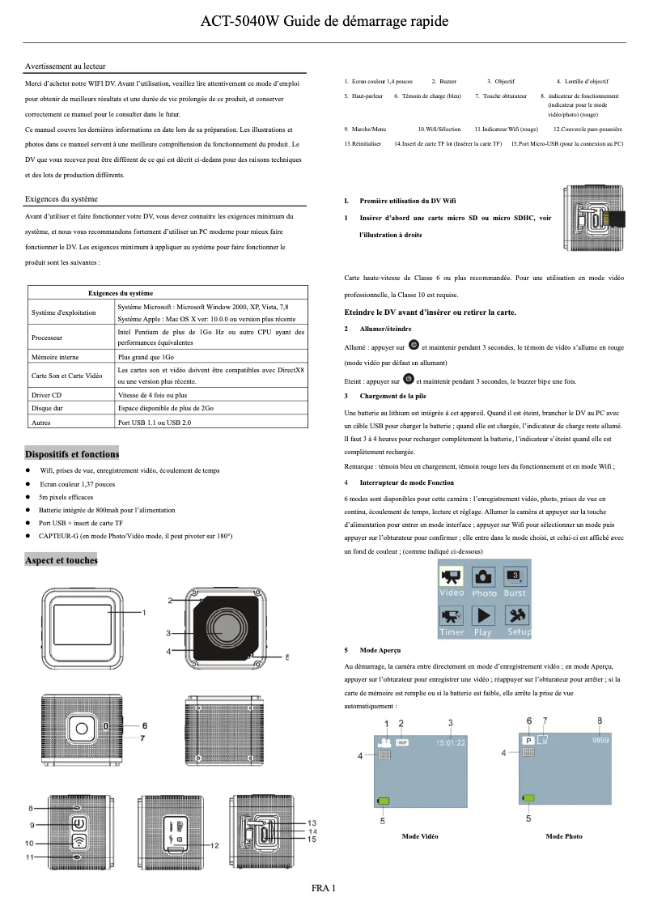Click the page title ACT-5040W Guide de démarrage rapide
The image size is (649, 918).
[324, 21]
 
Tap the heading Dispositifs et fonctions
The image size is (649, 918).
[72, 454]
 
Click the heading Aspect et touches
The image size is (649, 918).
[62, 560]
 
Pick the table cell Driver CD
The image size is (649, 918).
[47, 395]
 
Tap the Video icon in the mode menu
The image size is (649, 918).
[452, 581]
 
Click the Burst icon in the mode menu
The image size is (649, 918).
[515, 581]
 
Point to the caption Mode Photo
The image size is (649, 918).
[564, 836]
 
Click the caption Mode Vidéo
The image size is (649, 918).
[420, 836]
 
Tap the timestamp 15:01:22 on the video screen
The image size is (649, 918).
[452, 742]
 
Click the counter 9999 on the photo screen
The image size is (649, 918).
[600, 740]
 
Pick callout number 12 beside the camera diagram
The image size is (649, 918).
[215, 845]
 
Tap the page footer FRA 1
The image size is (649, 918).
[324, 888]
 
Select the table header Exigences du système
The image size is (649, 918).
[120, 293]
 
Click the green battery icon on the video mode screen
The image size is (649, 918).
[383, 801]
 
